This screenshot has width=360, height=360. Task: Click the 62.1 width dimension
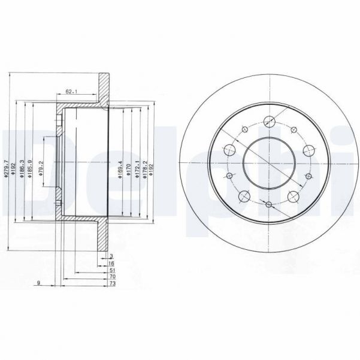point(72,92)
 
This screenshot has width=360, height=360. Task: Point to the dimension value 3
point(112,256)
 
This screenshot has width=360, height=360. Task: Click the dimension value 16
point(112,264)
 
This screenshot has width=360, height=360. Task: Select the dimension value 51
point(112,270)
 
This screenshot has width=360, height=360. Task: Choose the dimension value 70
point(112,277)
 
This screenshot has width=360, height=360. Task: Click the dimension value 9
point(38,284)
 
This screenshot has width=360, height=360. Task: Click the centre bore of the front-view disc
point(268,162)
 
